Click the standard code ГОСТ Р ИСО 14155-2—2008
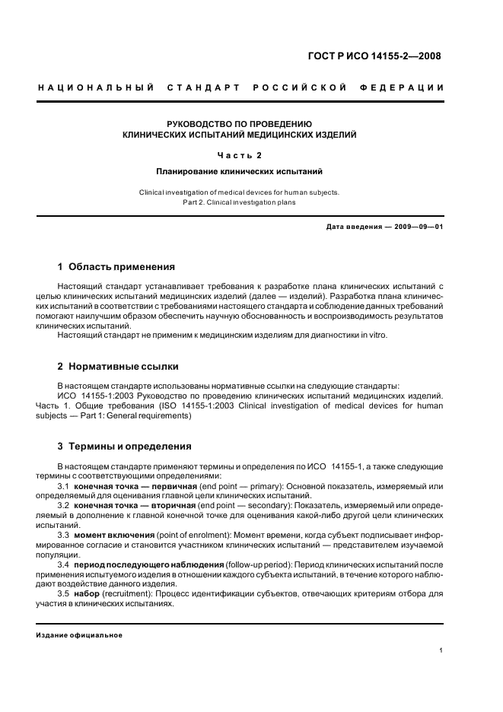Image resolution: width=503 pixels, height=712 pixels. tap(373, 56)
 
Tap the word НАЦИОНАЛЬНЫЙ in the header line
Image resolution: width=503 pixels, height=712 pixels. tap(96, 88)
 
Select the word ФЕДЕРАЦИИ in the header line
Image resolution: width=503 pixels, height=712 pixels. tap(409, 88)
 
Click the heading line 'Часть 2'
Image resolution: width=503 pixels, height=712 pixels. tap(240, 156)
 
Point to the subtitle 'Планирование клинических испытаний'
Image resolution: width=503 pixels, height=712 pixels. tap(240, 172)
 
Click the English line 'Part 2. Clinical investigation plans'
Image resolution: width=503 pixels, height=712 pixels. tap(240, 202)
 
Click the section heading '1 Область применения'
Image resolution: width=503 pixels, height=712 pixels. tap(116, 267)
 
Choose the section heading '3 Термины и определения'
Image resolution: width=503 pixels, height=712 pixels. tap(125, 446)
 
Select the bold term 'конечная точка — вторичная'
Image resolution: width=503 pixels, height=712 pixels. tap(135, 505)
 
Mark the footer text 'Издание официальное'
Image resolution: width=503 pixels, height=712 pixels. tap(80, 635)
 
